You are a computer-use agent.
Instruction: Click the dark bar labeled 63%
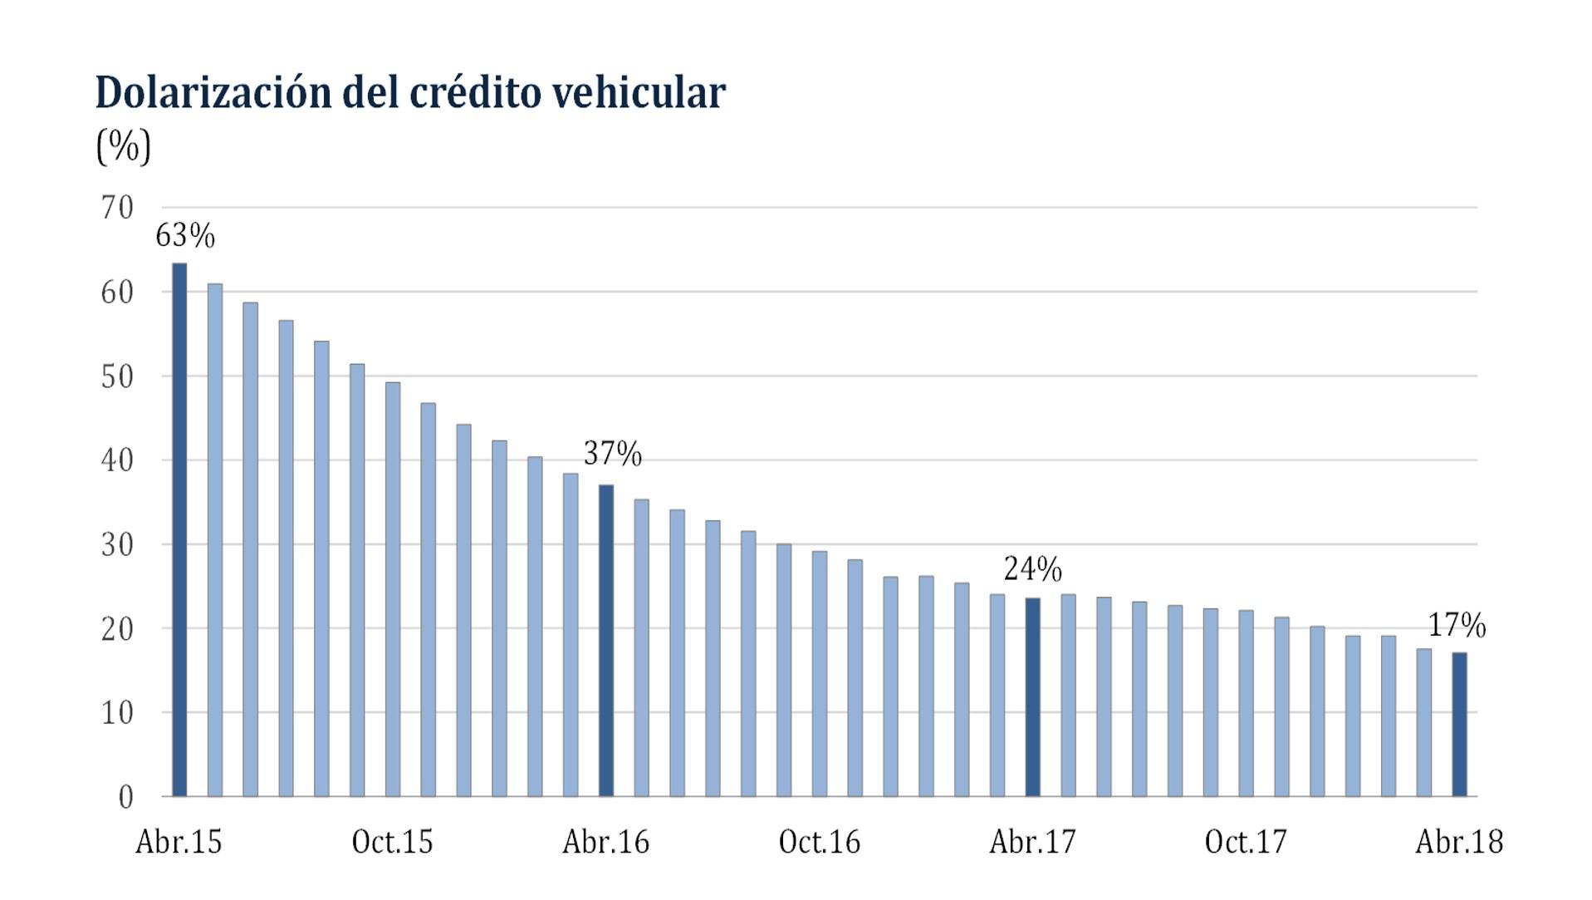point(179,532)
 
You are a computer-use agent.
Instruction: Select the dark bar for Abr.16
point(606,642)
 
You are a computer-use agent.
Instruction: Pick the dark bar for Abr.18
point(1459,725)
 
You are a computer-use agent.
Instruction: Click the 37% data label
point(613,454)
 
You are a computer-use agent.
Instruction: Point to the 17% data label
point(1457,625)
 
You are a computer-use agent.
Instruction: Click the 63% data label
point(185,236)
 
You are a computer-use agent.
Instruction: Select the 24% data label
point(1032,569)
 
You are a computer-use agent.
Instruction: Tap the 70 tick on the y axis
point(117,208)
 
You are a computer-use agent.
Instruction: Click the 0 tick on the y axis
point(125,797)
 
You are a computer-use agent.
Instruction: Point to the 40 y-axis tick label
point(117,460)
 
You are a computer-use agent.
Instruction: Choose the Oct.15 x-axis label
point(393,842)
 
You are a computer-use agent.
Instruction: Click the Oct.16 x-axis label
point(820,842)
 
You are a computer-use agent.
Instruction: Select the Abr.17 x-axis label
point(1032,842)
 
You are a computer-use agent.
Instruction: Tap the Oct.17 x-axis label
point(1246,842)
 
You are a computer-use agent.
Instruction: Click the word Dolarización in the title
point(213,92)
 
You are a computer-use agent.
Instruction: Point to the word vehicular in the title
point(639,92)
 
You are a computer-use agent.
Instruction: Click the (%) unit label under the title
point(124,147)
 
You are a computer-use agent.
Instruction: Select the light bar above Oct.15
point(393,590)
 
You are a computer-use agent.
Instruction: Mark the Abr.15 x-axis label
point(179,842)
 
